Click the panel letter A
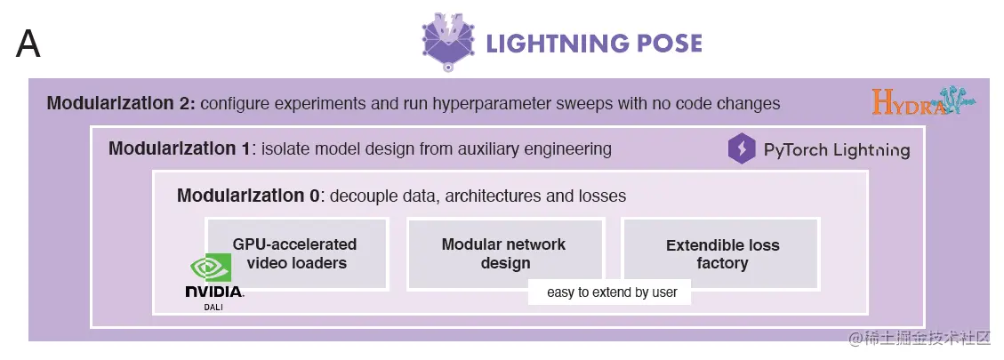click(x=28, y=44)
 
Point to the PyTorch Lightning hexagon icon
click(x=742, y=149)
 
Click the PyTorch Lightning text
click(x=836, y=150)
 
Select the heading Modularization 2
click(x=120, y=104)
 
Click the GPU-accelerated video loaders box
click(x=295, y=253)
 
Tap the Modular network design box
click(x=504, y=253)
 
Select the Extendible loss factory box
click(x=722, y=253)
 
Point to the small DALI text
click(x=213, y=307)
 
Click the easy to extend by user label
click(x=611, y=292)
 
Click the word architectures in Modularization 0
click(x=488, y=196)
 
